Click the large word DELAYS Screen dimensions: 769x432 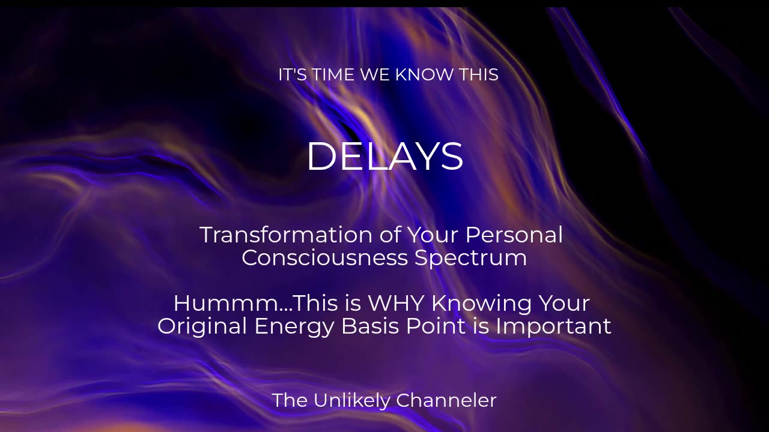[x=385, y=156]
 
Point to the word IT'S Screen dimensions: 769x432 [x=293, y=75]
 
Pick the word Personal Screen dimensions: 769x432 [x=514, y=235]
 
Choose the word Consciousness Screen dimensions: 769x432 [x=325, y=257]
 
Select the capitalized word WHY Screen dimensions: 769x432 [x=396, y=304]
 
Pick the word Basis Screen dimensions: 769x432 [x=370, y=326]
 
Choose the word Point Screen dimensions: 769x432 [x=436, y=326]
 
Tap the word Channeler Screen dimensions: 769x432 [x=446, y=400]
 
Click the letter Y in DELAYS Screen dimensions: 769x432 [x=427, y=156]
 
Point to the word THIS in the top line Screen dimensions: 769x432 [x=479, y=75]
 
